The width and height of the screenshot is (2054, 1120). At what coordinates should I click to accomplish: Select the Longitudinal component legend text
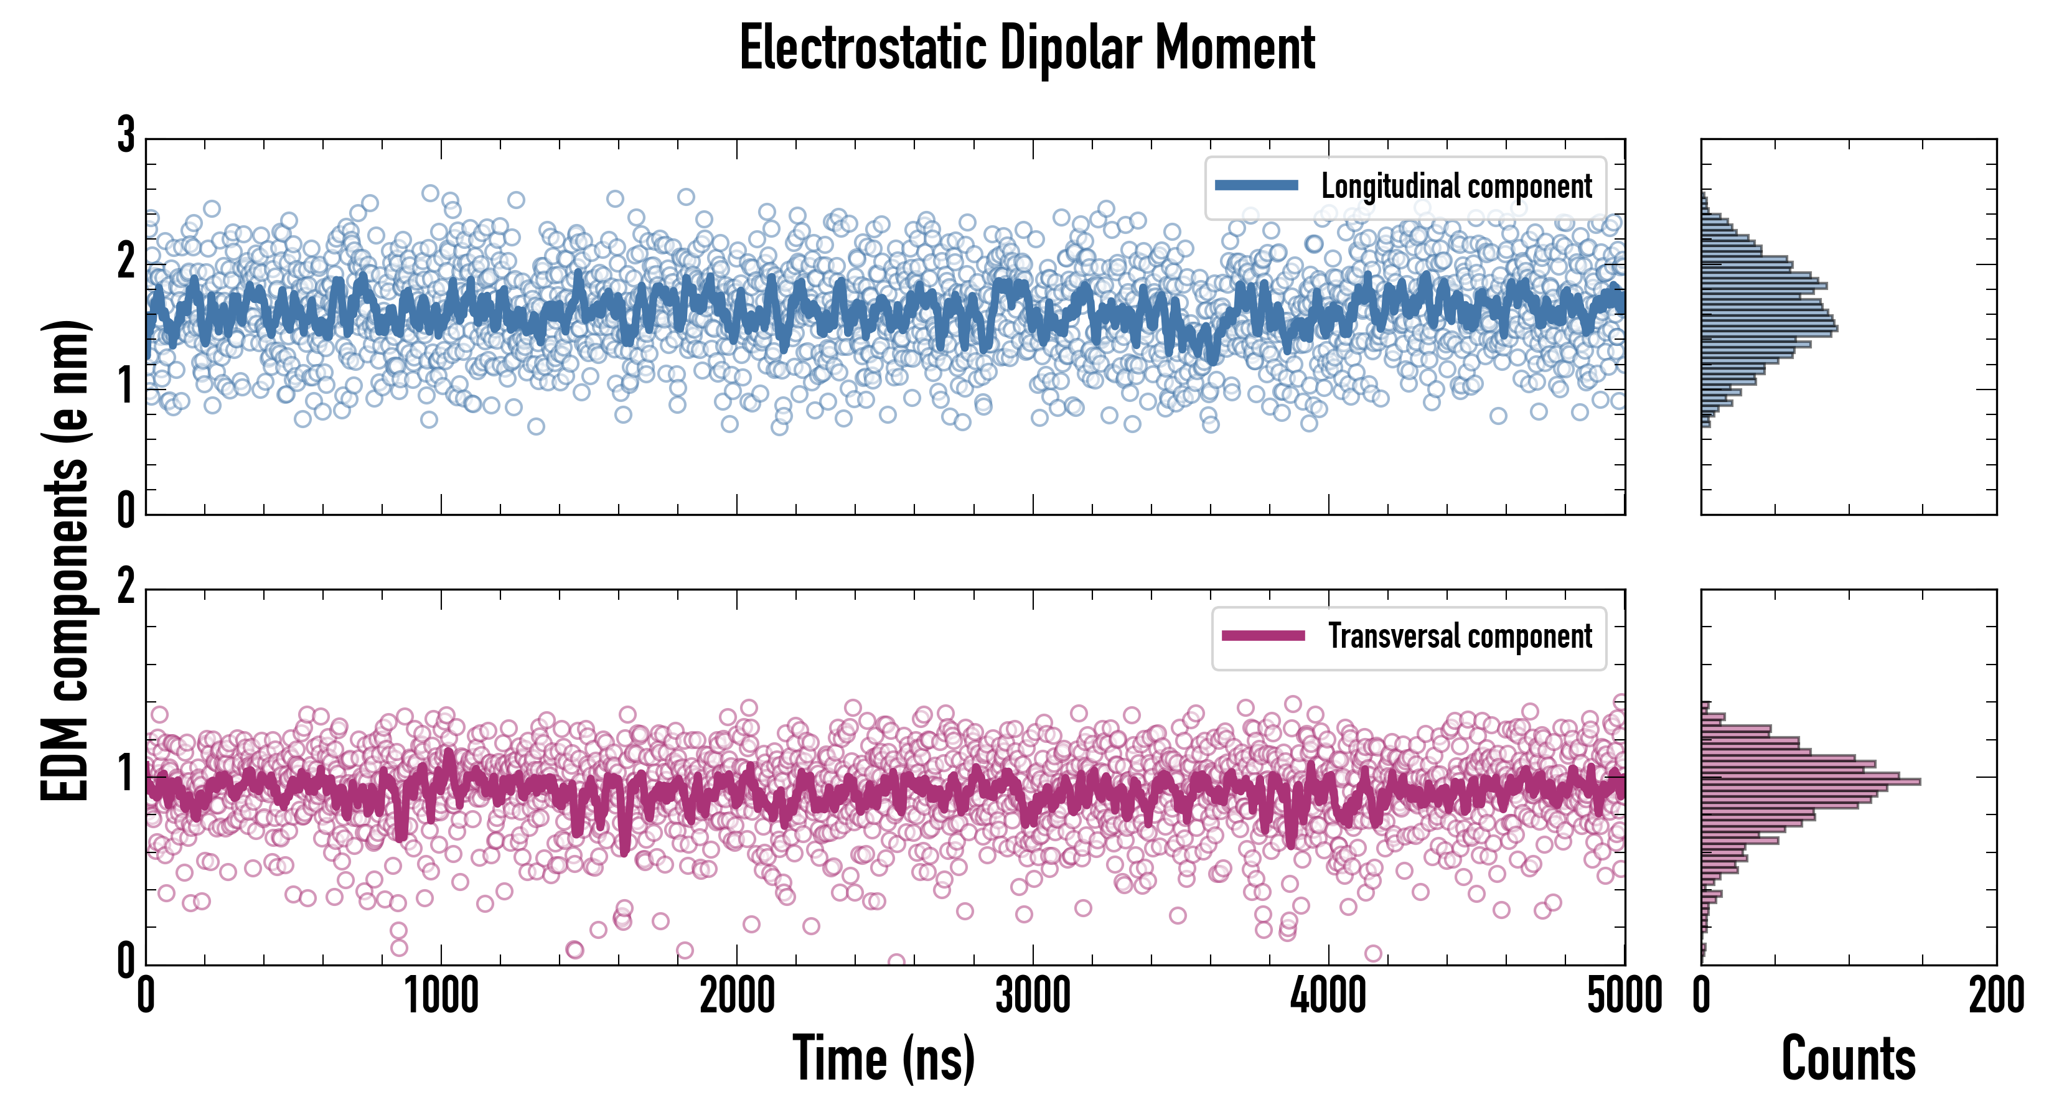tap(1456, 187)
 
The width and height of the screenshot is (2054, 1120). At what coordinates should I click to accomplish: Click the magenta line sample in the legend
tap(1262, 636)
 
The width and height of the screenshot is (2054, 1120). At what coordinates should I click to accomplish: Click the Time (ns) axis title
tap(883, 1058)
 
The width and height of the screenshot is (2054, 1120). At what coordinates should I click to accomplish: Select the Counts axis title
tap(1848, 1058)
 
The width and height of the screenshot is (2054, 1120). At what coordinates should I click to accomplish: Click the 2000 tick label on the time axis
tap(737, 996)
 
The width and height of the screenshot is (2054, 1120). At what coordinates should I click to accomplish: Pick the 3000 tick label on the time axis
tap(1033, 996)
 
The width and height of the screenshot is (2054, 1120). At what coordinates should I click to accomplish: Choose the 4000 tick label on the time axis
tap(1328, 996)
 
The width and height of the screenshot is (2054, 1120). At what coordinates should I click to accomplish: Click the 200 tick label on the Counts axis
tap(1995, 996)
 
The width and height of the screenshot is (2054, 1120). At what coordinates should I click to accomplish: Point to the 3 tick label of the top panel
tap(126, 136)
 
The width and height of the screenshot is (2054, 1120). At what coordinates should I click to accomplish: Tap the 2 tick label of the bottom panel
tap(126, 587)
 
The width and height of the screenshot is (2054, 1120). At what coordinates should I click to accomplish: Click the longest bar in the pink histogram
tap(1810, 782)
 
